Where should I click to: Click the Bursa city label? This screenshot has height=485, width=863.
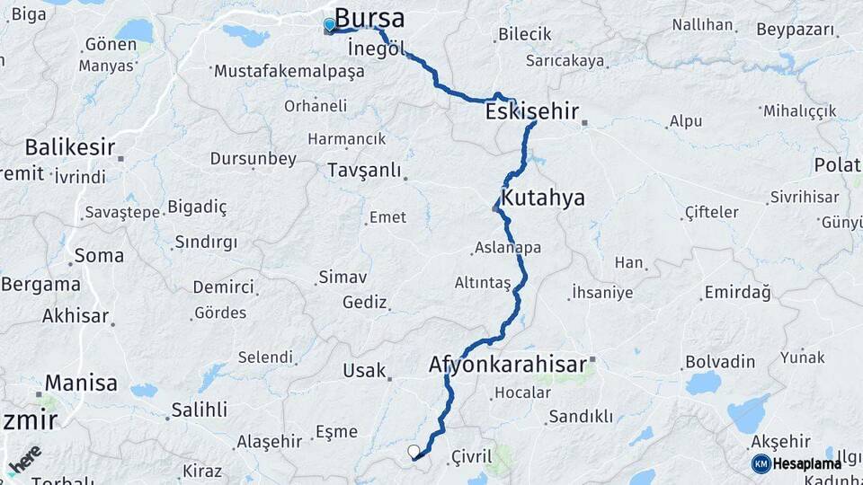[x=369, y=18]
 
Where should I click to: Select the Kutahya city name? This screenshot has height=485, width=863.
[x=543, y=198]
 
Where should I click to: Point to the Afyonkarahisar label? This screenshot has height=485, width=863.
[x=507, y=365]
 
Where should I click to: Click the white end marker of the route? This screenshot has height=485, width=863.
[x=414, y=451]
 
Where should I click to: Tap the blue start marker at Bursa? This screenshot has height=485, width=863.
[x=329, y=24]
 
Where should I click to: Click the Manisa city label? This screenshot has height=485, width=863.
[x=81, y=383]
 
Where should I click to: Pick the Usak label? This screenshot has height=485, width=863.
[x=364, y=370]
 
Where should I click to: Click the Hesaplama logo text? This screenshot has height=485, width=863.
[x=805, y=463]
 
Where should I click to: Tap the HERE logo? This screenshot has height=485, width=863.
[x=24, y=460]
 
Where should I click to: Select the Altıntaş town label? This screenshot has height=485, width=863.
[x=483, y=283]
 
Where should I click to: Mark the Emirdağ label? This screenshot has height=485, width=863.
[x=737, y=292]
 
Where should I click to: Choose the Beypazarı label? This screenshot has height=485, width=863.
[x=795, y=29]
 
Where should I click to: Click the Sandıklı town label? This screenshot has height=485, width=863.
[x=581, y=416]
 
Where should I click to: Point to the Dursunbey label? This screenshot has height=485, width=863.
[x=253, y=159]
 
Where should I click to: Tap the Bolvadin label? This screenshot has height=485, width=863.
[x=719, y=361]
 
